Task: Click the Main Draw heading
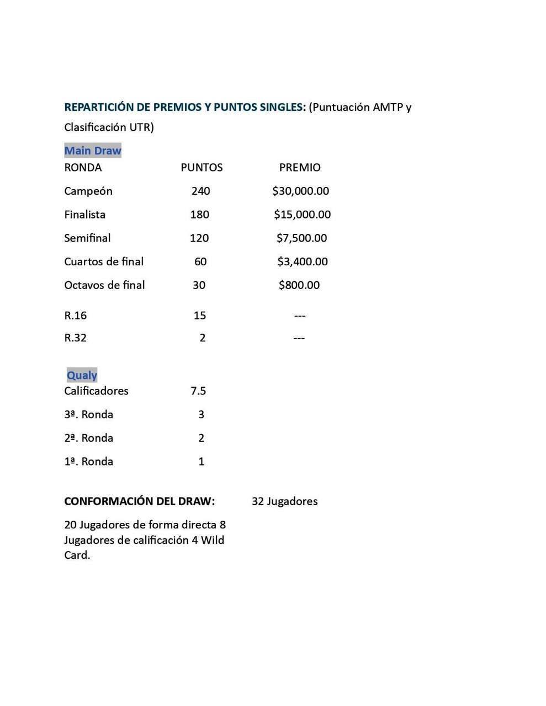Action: coord(92,151)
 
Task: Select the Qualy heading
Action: coord(82,375)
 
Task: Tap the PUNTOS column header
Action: coord(202,167)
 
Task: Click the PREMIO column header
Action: coord(299,167)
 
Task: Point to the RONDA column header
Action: coord(83,167)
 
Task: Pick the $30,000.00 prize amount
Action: coord(300,191)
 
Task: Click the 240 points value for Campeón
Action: coord(200,191)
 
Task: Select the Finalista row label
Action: coord(84,215)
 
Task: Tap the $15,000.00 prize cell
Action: coord(302,215)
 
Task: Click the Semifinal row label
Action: coord(87,238)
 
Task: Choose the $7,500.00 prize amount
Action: coord(301,238)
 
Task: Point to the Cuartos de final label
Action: coord(104,261)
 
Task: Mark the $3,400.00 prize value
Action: coord(302,261)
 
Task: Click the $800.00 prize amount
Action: coord(299,285)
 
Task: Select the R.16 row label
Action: coord(75,315)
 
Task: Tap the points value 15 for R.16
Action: coord(199,315)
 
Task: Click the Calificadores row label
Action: coord(96,391)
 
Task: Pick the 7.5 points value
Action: coord(198,391)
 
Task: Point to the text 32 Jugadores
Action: coord(284,501)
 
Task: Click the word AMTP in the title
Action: coord(388,107)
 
